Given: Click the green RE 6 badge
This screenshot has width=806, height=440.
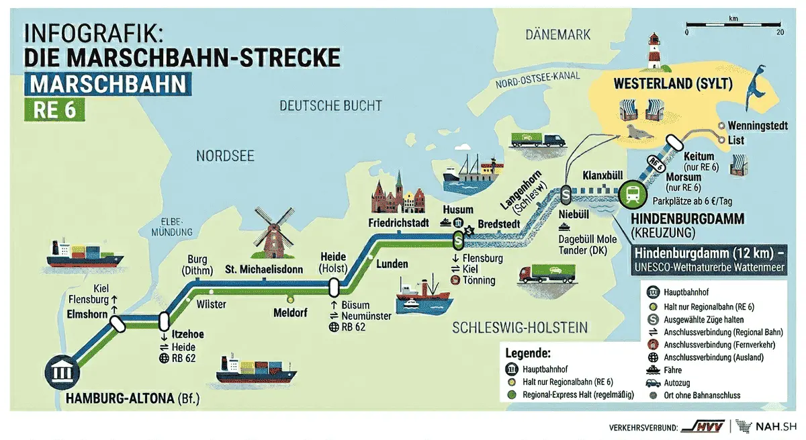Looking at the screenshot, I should click(54, 109).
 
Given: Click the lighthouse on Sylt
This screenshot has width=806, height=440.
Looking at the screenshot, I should click(654, 52).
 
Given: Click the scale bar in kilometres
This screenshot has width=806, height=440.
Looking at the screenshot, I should click(733, 26).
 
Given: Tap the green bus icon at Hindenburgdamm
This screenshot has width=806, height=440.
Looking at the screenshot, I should click(633, 193).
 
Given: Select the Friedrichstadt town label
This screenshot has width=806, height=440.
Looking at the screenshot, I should click(398, 222).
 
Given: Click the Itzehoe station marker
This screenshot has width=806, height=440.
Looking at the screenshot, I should click(164, 322).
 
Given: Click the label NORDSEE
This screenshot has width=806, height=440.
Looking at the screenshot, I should click(225, 156).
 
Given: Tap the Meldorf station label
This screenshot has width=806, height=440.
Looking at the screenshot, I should click(291, 312).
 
